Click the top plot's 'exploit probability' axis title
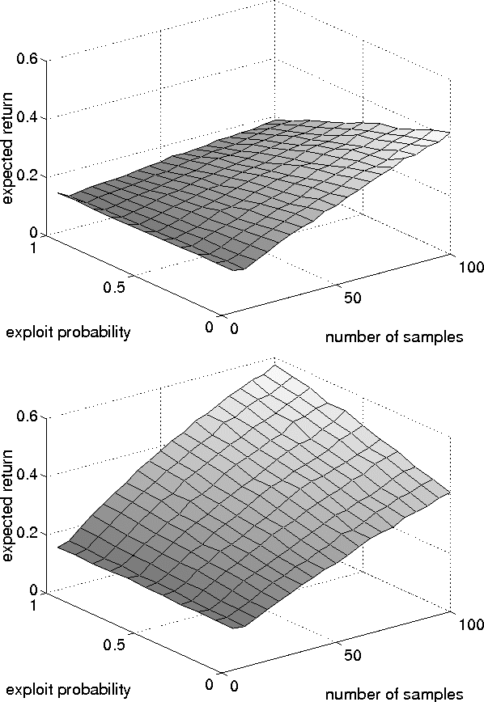[69, 332]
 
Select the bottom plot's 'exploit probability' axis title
[69, 689]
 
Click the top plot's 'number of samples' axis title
[393, 337]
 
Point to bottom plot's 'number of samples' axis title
[393, 693]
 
